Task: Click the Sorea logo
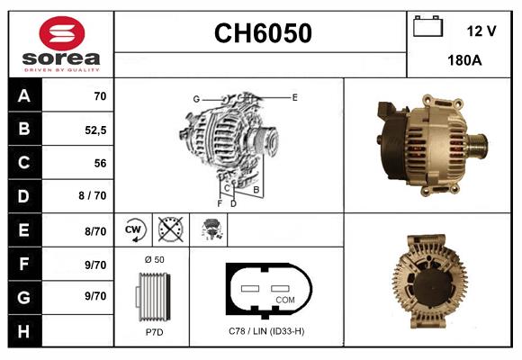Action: pyautogui.click(x=60, y=44)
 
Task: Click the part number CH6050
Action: pyautogui.click(x=262, y=33)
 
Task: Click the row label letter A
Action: pyautogui.click(x=23, y=96)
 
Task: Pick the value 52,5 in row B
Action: pyautogui.click(x=94, y=130)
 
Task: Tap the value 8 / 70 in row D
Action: pyautogui.click(x=94, y=196)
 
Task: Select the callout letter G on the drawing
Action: pyautogui.click(x=195, y=98)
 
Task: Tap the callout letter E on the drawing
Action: pyautogui.click(x=294, y=96)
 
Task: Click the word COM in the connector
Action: pyautogui.click(x=284, y=299)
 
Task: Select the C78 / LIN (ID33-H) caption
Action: pyautogui.click(x=266, y=331)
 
